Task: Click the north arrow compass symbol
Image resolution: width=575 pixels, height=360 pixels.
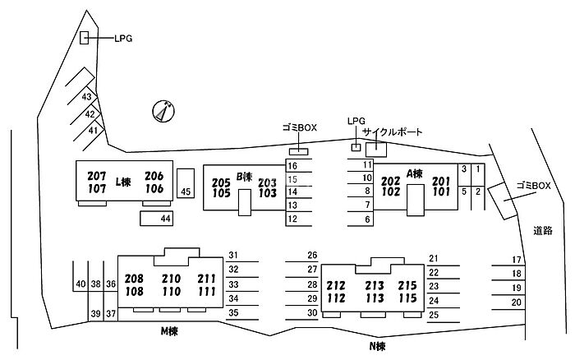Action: click(164, 110)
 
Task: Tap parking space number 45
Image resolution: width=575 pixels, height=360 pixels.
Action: click(186, 192)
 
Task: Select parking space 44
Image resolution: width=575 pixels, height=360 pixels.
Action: click(165, 218)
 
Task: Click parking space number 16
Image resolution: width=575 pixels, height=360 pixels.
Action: click(292, 166)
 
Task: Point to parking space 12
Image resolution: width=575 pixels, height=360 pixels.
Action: click(292, 219)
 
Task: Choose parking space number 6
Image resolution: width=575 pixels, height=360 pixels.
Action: click(367, 219)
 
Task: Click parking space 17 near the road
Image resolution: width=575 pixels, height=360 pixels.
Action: click(517, 260)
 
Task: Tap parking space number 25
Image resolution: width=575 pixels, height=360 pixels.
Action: click(434, 314)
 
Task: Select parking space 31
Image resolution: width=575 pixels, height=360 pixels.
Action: click(233, 255)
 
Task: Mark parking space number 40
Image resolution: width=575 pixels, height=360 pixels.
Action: click(80, 284)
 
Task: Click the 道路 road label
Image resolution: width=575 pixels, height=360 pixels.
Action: click(542, 231)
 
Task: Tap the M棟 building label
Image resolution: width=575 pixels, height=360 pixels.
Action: click(170, 331)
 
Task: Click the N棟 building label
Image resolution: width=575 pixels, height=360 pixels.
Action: click(375, 346)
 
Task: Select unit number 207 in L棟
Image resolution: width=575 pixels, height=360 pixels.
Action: click(97, 176)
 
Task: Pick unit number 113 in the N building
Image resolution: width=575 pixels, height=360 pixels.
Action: click(374, 298)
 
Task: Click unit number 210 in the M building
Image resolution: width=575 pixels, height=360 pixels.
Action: click(171, 279)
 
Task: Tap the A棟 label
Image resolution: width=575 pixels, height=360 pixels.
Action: click(413, 173)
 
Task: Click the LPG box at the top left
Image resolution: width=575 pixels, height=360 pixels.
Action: click(84, 37)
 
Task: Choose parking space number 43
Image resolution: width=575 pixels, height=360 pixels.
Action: click(85, 97)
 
